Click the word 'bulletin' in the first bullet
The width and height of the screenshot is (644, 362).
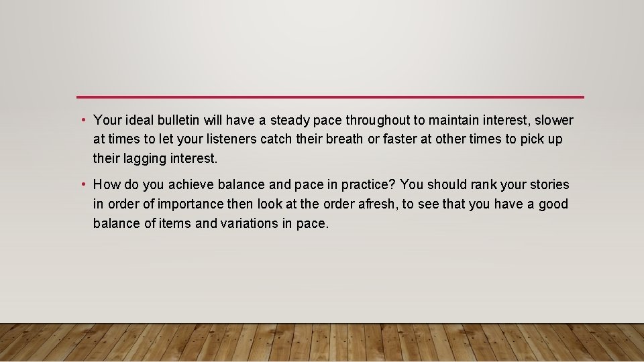(x=178, y=121)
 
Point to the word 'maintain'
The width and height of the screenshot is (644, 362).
(x=453, y=121)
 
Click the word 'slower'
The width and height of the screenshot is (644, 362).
(x=554, y=121)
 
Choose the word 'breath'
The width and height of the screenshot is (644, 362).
(x=342, y=139)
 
